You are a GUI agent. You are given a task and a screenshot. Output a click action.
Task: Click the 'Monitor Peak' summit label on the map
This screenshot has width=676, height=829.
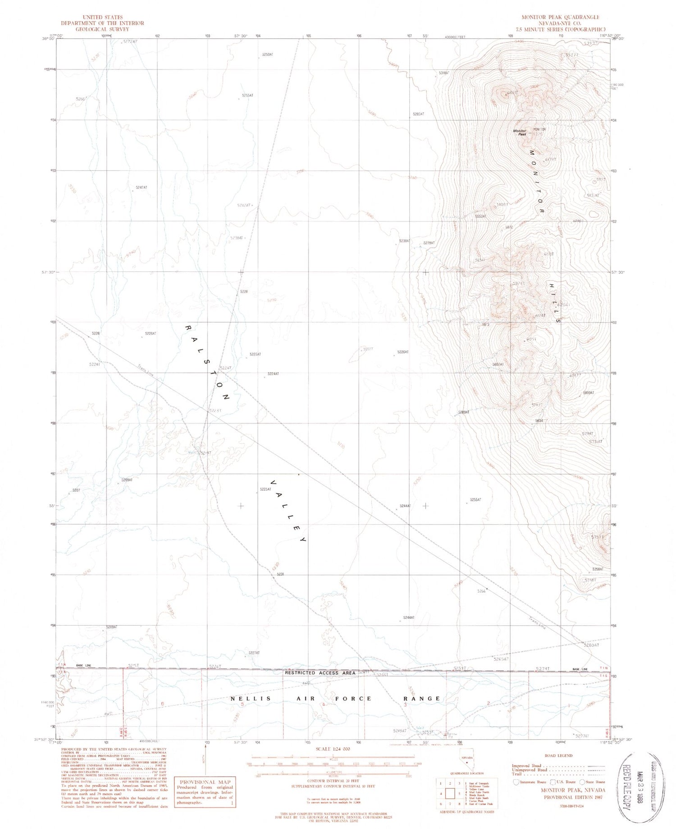tap(520, 133)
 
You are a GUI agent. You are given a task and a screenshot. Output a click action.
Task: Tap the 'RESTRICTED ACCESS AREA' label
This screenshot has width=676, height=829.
tap(320, 673)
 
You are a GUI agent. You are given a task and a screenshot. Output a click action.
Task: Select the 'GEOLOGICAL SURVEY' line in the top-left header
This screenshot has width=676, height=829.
tap(102, 29)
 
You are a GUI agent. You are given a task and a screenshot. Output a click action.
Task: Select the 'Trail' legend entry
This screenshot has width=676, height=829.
tap(517, 774)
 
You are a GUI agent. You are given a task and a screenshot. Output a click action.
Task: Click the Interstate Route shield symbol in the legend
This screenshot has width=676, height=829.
tap(516, 782)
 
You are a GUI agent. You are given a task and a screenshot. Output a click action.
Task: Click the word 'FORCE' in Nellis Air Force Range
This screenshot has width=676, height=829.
tap(351, 699)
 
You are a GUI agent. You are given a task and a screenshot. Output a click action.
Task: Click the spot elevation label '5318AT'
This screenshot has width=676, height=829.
tap(444, 73)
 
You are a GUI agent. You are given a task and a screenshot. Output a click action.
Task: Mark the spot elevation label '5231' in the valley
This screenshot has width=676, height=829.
tap(280, 574)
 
